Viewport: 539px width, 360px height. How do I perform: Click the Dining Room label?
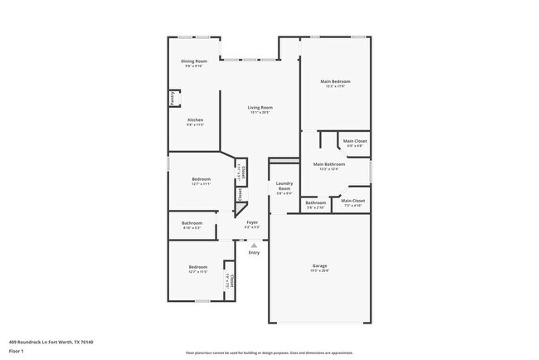(x=193, y=62)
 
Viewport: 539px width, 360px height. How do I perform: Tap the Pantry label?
(x=172, y=99)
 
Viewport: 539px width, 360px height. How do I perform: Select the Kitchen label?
(x=195, y=120)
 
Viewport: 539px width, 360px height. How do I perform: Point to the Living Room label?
(x=260, y=107)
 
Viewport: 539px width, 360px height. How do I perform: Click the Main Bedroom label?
(x=336, y=81)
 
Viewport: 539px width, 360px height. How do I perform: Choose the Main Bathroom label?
(x=329, y=164)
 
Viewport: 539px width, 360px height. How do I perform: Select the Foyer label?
(x=252, y=222)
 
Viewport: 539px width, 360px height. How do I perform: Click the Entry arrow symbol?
(x=254, y=245)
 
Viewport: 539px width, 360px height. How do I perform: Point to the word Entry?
(x=254, y=252)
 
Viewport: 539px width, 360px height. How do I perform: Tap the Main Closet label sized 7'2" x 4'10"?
(x=353, y=200)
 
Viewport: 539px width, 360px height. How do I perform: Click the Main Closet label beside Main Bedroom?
(x=355, y=141)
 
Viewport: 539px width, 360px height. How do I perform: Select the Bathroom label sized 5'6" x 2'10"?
(x=315, y=202)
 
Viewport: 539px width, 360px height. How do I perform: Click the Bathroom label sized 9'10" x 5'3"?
(x=192, y=222)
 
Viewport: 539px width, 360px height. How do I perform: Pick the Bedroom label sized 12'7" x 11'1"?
(x=201, y=179)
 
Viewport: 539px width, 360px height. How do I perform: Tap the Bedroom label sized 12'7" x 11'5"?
(x=197, y=267)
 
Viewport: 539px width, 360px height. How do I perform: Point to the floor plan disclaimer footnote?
(x=269, y=352)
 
